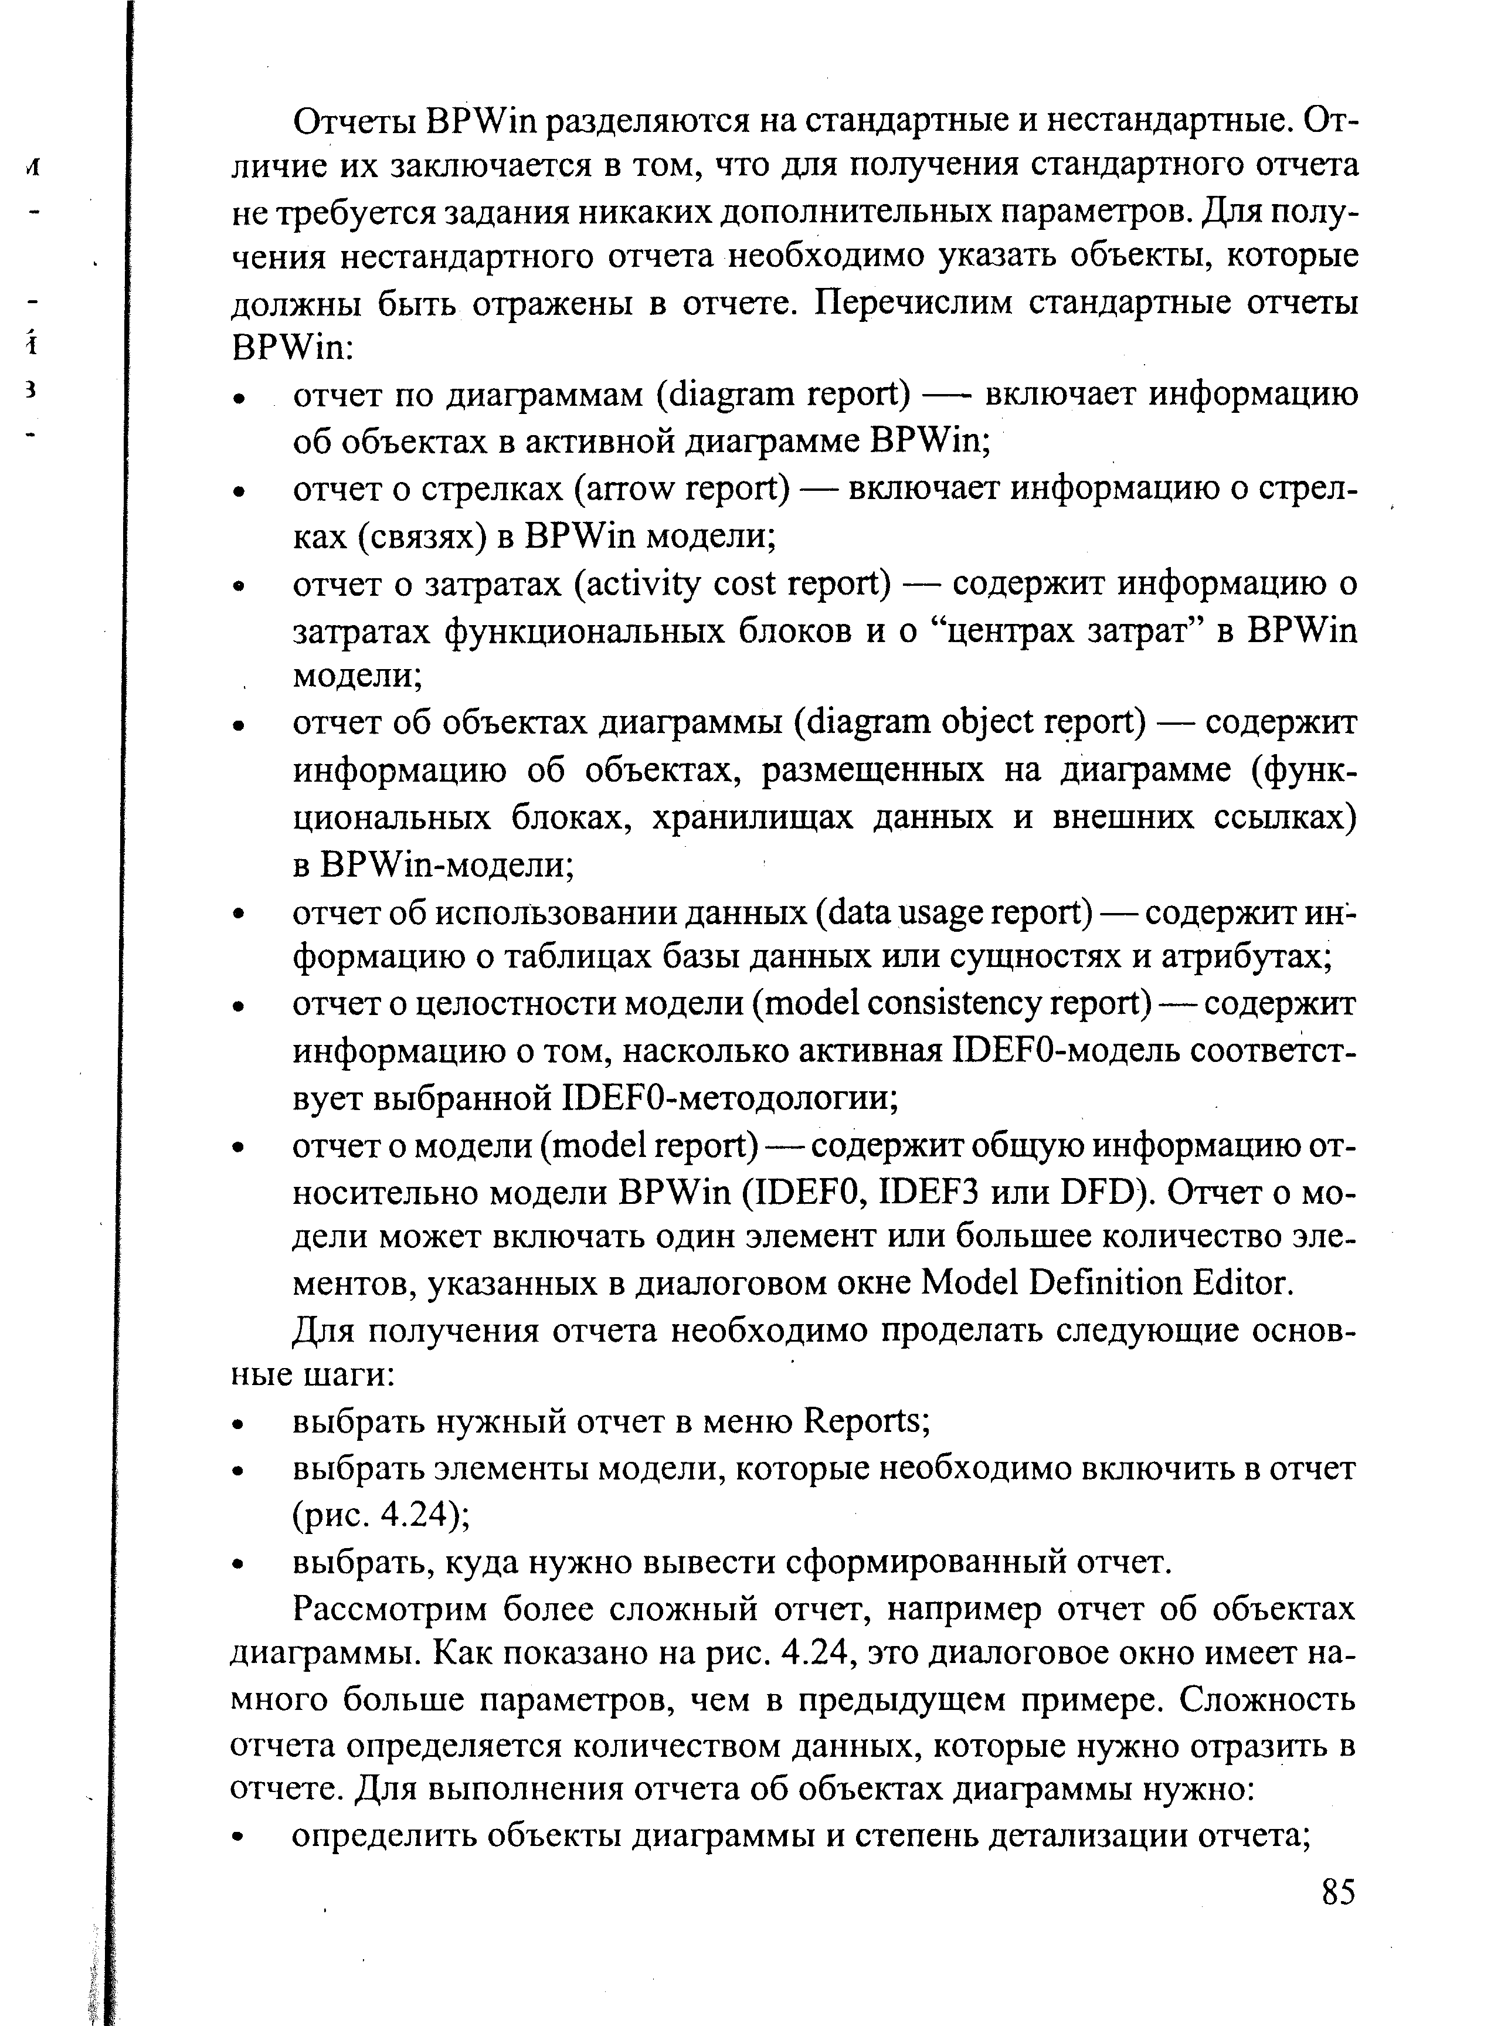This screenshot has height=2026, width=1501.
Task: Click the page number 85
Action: click(x=1337, y=1892)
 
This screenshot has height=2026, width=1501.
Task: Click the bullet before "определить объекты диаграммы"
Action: click(x=239, y=1836)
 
